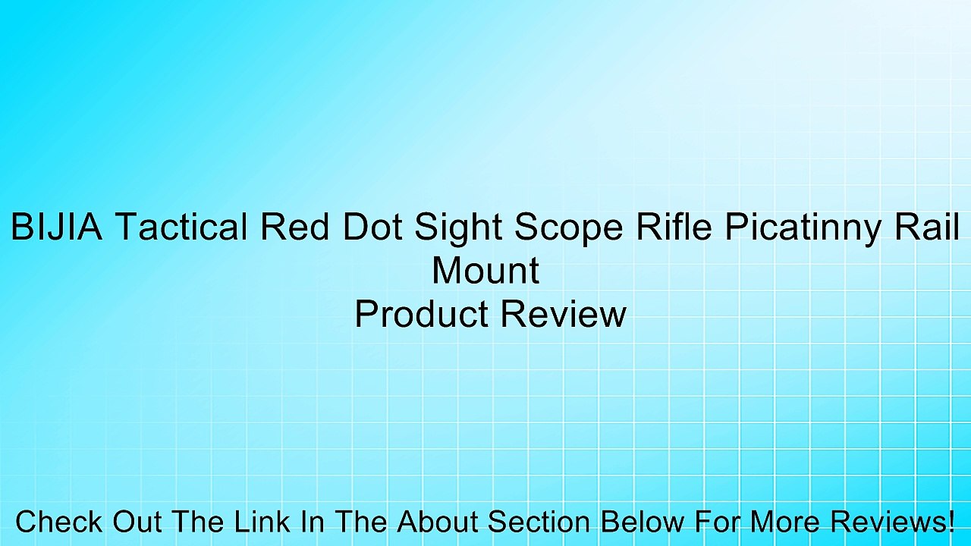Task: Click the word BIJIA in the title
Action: tap(56, 227)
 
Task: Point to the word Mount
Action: tap(485, 271)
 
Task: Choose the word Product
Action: tap(420, 314)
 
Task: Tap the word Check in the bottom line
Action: tap(60, 522)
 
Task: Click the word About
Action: tap(438, 522)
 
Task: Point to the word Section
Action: tap(540, 522)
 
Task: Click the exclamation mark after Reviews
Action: tap(951, 522)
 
